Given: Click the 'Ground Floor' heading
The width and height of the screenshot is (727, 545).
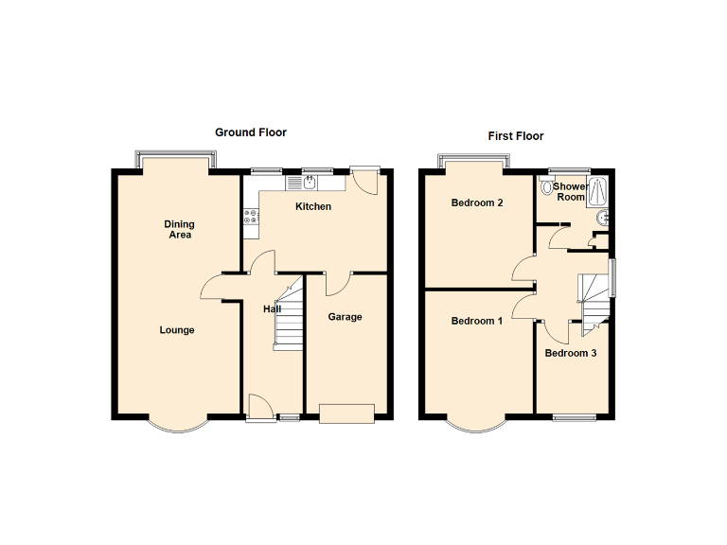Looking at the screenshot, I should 250,132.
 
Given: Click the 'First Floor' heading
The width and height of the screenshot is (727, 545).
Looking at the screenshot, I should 516,136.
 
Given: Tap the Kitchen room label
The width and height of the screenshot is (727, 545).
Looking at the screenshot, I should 313,206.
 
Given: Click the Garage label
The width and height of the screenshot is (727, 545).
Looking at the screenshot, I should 345,317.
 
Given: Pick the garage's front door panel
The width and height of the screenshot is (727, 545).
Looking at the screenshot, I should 347,413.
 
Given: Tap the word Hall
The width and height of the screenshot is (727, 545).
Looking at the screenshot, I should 272,309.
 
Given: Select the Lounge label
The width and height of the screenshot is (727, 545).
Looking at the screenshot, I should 177,330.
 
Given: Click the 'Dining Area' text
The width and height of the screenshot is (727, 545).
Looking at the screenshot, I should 180,230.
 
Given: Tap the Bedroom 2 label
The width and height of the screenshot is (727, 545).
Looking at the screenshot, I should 476,203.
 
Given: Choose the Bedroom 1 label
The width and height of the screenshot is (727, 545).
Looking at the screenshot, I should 476,321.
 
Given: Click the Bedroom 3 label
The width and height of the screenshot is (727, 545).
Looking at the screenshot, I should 570,354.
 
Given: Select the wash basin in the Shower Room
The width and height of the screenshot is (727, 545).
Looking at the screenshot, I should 602,220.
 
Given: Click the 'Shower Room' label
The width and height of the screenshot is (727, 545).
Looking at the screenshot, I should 571,192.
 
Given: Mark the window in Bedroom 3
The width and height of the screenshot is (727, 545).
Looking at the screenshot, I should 574,416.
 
